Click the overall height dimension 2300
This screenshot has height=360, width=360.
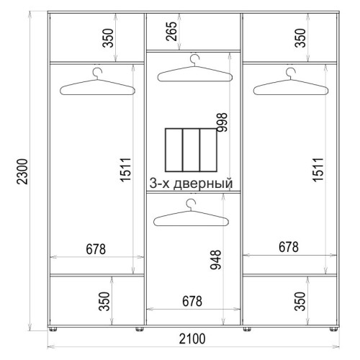point(22,171)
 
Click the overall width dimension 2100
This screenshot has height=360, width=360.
point(192,338)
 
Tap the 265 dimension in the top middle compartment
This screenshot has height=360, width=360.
point(172,31)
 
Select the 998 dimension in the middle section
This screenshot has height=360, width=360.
point(222,122)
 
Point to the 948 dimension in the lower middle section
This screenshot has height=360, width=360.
point(215,260)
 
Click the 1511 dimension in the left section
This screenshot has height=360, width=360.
point(125,169)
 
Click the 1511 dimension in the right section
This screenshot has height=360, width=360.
point(318,169)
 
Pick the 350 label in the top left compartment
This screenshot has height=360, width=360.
point(108,38)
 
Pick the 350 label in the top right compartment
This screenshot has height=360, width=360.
point(300,38)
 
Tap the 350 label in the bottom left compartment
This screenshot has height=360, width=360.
point(104,301)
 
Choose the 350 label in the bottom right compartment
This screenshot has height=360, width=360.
point(300,301)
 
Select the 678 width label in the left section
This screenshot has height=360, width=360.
point(96,249)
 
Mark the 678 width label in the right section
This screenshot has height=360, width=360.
point(289,247)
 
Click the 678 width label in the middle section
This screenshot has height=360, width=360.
point(192,301)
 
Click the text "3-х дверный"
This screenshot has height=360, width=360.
point(191,184)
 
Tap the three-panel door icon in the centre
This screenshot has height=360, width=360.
point(191,150)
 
